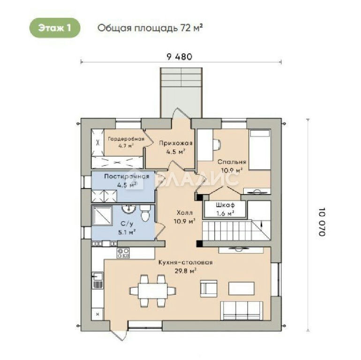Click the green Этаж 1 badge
(55, 28)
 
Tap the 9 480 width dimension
(180, 57)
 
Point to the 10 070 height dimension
(322, 222)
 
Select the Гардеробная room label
(126, 139)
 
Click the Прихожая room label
(176, 143)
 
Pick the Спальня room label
(232, 162)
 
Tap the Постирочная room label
(127, 177)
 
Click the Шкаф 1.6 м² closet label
(225, 209)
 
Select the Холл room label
(184, 213)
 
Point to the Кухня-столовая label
(186, 262)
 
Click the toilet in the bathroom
(145, 212)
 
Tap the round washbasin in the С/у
(128, 209)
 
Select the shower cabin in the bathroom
(102, 215)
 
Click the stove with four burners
(123, 253)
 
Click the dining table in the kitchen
(153, 291)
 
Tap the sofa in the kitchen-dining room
(242, 310)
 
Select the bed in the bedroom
(260, 150)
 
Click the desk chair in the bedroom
(217, 144)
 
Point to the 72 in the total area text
(186, 28)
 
